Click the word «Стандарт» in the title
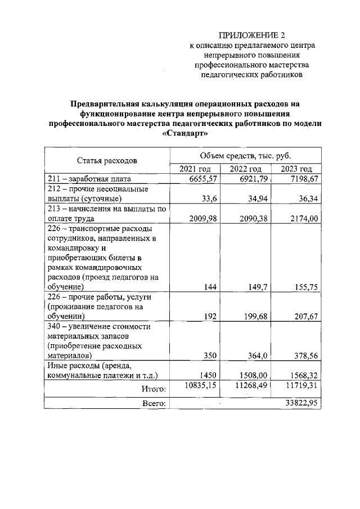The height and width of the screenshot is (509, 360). click(184, 134)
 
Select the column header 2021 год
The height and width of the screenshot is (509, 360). click(195, 169)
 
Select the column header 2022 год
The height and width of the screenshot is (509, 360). click(246, 169)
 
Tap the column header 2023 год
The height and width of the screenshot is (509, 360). click(296, 169)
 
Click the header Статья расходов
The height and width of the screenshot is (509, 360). click(107, 161)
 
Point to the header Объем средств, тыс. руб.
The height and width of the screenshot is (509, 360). click(245, 155)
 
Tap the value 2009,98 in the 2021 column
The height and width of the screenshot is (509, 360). click(201, 219)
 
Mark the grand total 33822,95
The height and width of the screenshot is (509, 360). click(303, 403)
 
